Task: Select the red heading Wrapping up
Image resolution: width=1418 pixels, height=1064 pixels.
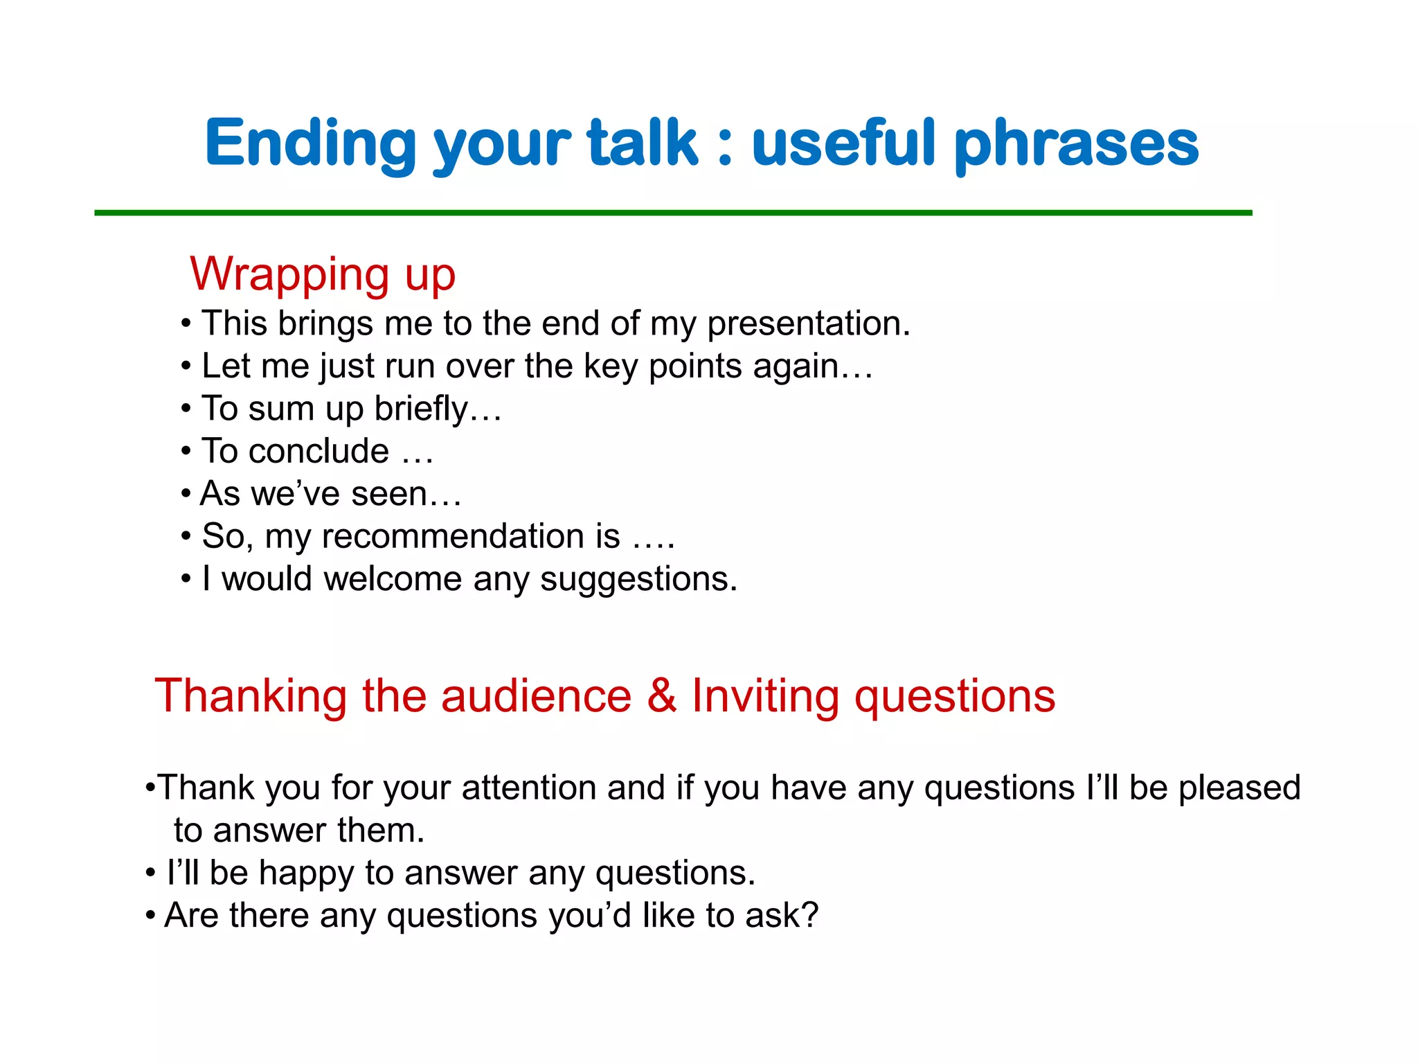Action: [323, 275]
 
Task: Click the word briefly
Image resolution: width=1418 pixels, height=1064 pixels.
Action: [422, 409]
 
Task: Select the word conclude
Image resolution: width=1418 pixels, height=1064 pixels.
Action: [319, 452]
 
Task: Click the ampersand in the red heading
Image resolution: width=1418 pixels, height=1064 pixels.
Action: [661, 695]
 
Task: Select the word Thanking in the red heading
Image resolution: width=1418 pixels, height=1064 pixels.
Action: [251, 697]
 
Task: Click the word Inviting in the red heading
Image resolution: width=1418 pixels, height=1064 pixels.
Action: [765, 697]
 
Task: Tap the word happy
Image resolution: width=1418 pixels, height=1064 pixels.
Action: [306, 874]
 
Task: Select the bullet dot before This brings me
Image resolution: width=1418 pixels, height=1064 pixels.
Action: [186, 324]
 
